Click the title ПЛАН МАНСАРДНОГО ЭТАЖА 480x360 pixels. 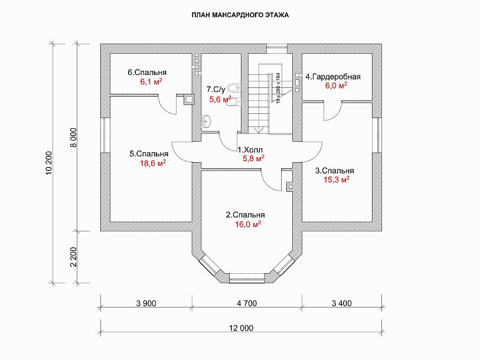(x=240, y=15)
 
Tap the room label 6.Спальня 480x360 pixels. (x=147, y=73)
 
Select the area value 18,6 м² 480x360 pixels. (x=153, y=163)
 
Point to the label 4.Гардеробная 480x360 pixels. (x=333, y=77)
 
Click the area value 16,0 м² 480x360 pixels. (x=248, y=224)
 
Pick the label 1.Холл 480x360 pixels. (x=250, y=150)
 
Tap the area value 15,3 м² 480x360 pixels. (x=337, y=179)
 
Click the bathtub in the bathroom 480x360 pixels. (x=235, y=88)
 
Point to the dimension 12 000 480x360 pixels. (x=241, y=328)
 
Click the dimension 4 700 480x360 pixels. (x=247, y=303)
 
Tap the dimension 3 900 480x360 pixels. (x=146, y=303)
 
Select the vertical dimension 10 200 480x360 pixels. (x=49, y=163)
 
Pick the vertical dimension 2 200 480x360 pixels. (x=73, y=257)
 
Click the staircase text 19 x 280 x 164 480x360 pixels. (x=278, y=88)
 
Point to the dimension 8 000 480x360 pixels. (x=73, y=138)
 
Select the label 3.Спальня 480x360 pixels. (x=335, y=171)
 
